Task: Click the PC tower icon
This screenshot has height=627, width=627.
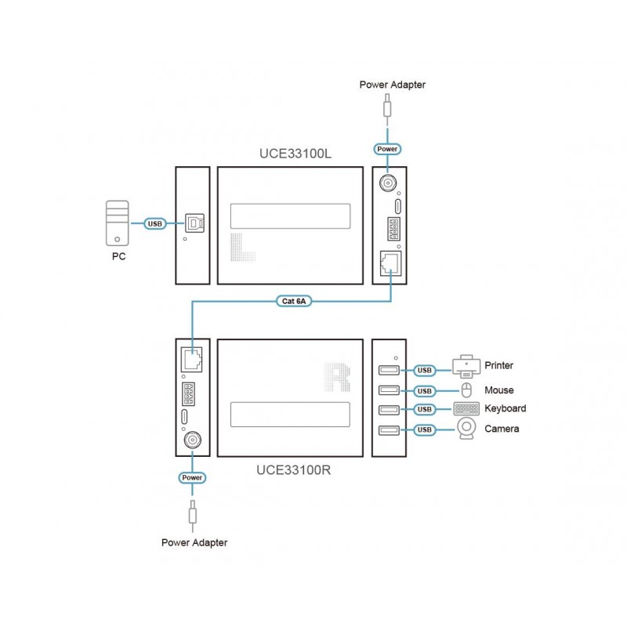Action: point(116,223)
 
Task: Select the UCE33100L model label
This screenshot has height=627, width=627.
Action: point(295,154)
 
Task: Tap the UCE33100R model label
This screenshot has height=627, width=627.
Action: point(293,471)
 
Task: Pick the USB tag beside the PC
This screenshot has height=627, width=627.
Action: point(155,224)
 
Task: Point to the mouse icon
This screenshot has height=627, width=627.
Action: point(466,390)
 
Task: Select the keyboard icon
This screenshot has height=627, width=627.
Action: point(466,409)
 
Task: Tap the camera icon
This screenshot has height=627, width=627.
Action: point(466,429)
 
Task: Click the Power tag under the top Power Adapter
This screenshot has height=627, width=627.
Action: point(387,148)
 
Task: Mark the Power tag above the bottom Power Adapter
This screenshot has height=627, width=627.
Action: point(191,477)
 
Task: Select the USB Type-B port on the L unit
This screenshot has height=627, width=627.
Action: point(194,223)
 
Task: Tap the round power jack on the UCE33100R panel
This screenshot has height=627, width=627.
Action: point(191,441)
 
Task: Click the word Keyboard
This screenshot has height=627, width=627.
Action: point(505,409)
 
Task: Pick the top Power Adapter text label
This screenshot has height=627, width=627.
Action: point(392,85)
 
